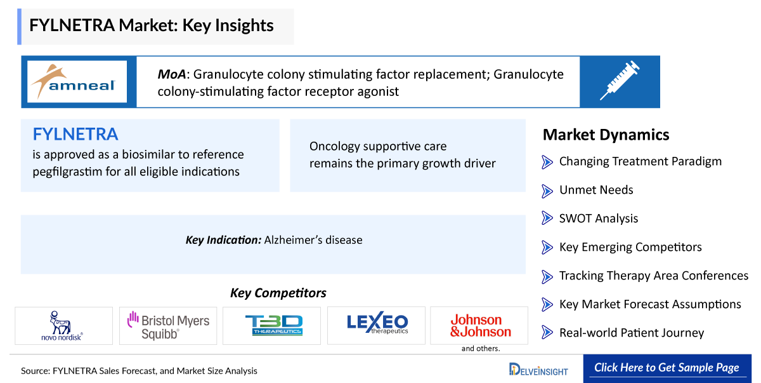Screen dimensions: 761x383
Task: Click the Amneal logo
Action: [74, 82]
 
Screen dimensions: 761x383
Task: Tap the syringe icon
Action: [620, 80]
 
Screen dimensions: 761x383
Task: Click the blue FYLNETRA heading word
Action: [75, 134]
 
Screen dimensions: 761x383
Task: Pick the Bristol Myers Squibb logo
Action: [168, 325]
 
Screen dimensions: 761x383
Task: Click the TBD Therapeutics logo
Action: [273, 325]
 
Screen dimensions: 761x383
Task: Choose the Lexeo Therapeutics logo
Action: [377, 323]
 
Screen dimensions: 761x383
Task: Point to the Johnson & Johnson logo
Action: [481, 325]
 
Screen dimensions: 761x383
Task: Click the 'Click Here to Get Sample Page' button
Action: [667, 368]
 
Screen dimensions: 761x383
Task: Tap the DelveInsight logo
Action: [538, 370]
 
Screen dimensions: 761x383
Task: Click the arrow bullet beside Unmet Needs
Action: [547, 191]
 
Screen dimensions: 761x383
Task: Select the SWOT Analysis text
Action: [599, 218]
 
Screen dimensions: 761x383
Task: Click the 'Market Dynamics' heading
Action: [606, 135]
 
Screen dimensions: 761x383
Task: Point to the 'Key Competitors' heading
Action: [278, 293]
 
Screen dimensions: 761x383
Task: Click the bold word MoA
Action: [172, 74]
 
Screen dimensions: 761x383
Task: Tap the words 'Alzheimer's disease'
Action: [313, 240]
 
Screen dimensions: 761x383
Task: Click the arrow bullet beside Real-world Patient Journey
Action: [547, 332]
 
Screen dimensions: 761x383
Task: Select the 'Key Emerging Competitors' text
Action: [630, 247]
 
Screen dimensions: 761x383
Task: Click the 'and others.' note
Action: [481, 349]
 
